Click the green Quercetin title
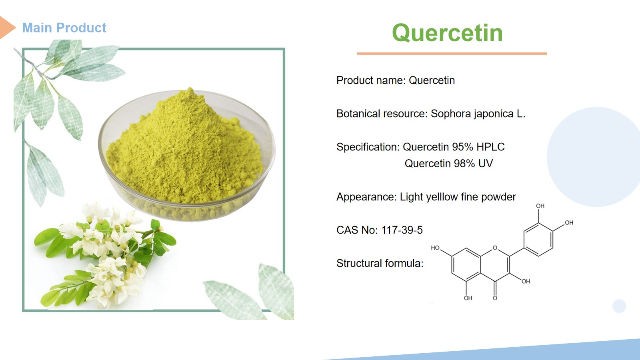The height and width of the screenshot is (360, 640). (448, 33)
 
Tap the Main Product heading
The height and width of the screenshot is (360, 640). (64, 28)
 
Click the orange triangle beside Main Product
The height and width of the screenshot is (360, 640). (8, 28)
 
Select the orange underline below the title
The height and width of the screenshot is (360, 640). (452, 54)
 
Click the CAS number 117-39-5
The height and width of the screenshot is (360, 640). (402, 230)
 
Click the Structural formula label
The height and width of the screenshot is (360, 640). (380, 264)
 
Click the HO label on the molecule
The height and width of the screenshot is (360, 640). (435, 248)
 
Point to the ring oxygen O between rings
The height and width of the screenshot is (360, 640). (495, 248)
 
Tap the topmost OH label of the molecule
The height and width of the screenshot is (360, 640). (540, 206)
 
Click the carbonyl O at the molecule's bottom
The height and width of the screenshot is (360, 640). (495, 298)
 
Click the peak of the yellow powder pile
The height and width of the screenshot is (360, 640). (190, 88)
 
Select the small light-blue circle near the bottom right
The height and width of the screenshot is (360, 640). (619, 306)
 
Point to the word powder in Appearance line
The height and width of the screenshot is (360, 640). (498, 197)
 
